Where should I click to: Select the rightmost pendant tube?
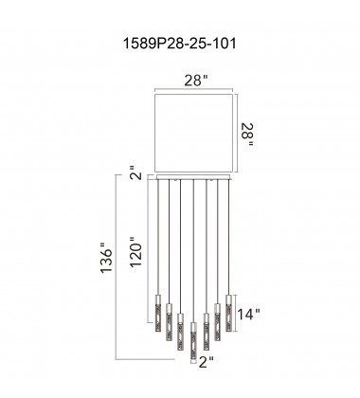click(228, 306)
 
